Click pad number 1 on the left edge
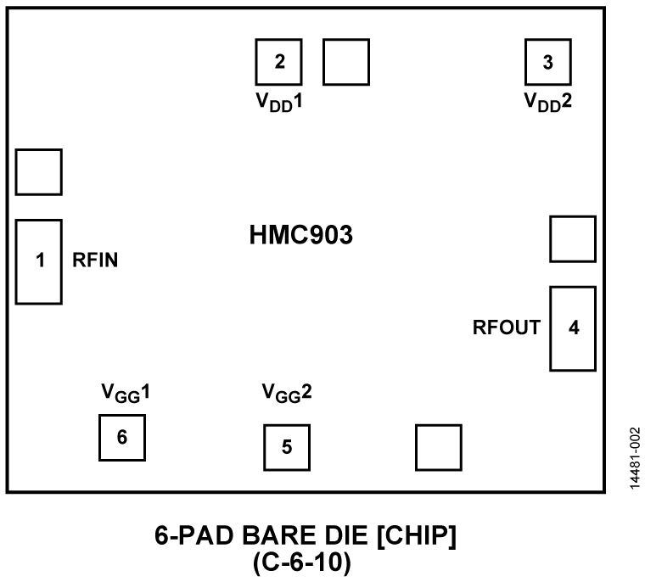[x=38, y=261]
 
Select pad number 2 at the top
[x=279, y=61]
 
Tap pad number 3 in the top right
[x=547, y=61]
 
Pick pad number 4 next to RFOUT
[x=573, y=328]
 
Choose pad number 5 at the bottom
[x=286, y=446]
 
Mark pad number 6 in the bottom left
[x=122, y=438]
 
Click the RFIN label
[x=95, y=261]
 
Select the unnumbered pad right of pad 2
[x=346, y=61]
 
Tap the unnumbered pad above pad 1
[x=38, y=172]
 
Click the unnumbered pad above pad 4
[x=573, y=239]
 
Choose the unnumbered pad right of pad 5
[x=439, y=447]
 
